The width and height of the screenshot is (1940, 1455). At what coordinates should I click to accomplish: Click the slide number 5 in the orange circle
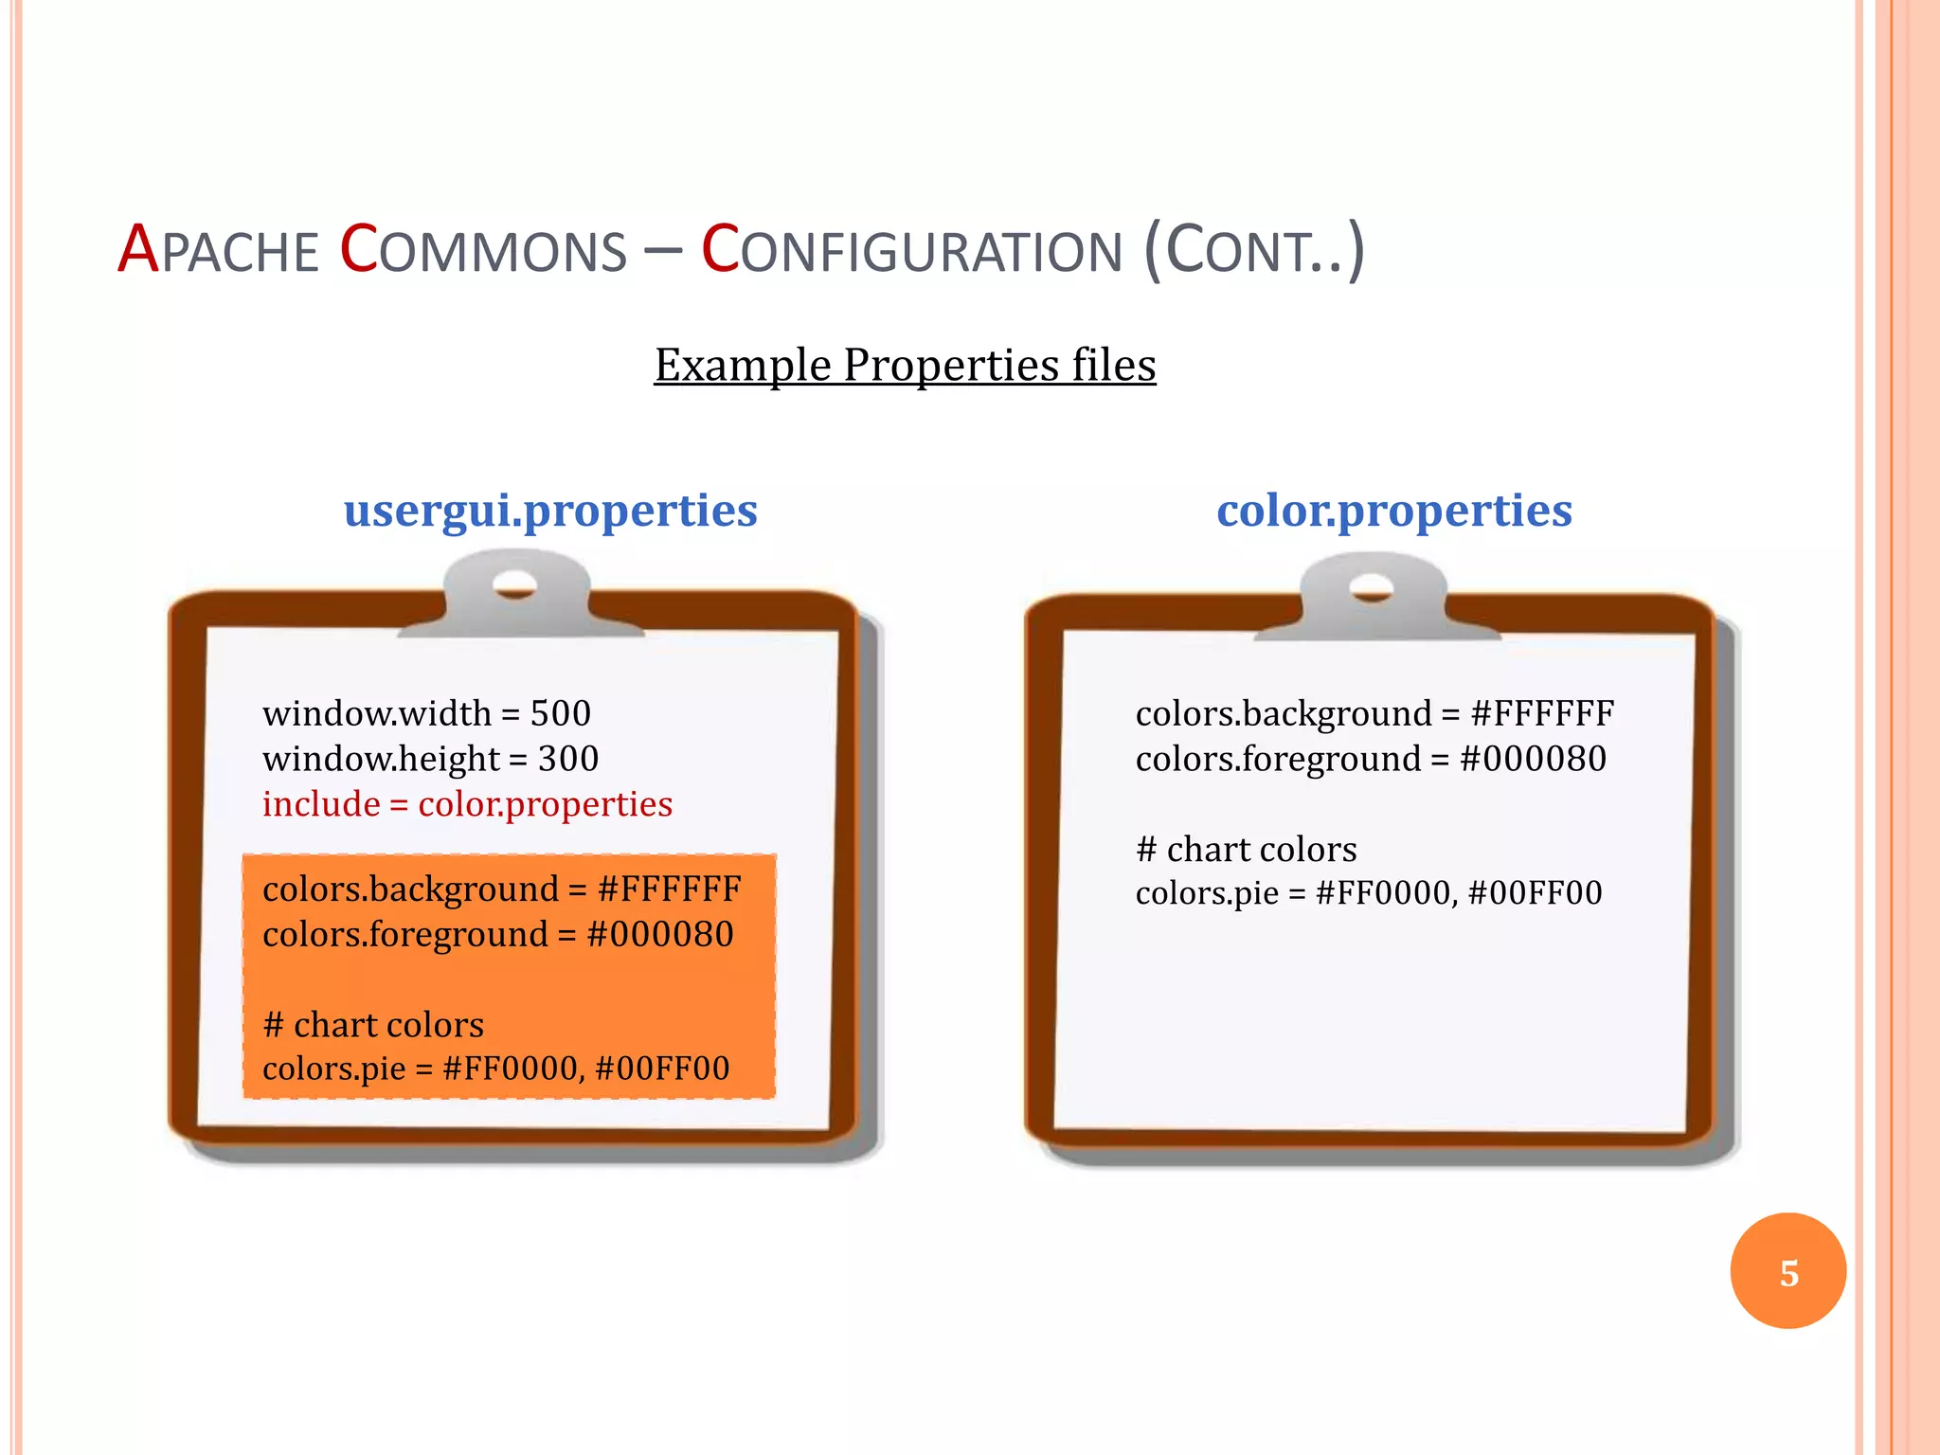pyautogui.click(x=1787, y=1272)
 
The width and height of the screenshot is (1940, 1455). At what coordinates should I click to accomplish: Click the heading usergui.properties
pyautogui.click(x=550, y=511)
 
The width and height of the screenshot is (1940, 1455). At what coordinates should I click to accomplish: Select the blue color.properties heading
pyautogui.click(x=1393, y=511)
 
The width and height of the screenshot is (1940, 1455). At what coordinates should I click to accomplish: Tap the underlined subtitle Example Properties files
pyautogui.click(x=905, y=365)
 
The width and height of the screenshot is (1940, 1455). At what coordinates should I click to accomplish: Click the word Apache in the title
pyautogui.click(x=218, y=250)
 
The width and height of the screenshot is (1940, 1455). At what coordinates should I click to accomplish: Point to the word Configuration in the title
pyautogui.click(x=911, y=250)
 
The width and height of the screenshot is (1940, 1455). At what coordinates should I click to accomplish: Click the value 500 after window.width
pyautogui.click(x=560, y=713)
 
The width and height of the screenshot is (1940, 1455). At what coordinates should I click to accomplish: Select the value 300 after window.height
pyautogui.click(x=568, y=759)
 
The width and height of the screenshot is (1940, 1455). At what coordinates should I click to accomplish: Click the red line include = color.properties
pyautogui.click(x=467, y=804)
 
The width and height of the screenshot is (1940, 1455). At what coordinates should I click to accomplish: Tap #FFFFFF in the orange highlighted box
pyautogui.click(x=669, y=889)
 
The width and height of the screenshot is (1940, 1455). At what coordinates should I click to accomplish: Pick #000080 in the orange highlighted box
pyautogui.click(x=660, y=935)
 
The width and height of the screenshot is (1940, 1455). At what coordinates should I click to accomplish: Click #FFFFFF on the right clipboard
pyautogui.click(x=1541, y=713)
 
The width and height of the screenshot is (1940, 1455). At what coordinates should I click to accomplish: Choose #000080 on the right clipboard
pyautogui.click(x=1533, y=759)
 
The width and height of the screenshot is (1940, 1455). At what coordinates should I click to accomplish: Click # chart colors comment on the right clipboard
pyautogui.click(x=1246, y=850)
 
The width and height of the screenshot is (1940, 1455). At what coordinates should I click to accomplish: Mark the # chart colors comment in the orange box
pyautogui.click(x=373, y=1025)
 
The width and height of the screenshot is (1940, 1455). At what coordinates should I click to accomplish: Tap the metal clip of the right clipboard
pyautogui.click(x=1373, y=595)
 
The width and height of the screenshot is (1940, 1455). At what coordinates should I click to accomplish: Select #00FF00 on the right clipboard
pyautogui.click(x=1535, y=893)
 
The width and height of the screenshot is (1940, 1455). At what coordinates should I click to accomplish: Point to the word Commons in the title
pyautogui.click(x=483, y=250)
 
